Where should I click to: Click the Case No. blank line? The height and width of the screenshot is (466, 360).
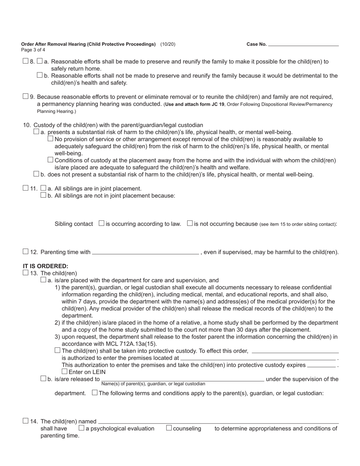click(303, 44)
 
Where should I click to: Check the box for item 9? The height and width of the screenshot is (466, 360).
click(25, 96)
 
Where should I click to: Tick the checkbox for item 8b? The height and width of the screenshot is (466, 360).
click(40, 75)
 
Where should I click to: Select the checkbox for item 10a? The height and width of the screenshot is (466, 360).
click(36, 131)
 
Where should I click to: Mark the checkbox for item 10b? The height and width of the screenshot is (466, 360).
click(36, 174)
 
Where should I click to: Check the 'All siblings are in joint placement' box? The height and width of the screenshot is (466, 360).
click(43, 188)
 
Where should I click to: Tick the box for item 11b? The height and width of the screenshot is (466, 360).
click(43, 195)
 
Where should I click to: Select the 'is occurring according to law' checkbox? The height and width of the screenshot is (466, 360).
click(102, 223)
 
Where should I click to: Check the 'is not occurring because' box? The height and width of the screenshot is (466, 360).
click(190, 223)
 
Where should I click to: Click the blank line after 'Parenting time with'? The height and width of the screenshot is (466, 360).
click(145, 252)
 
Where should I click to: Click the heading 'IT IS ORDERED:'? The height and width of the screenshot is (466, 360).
click(45, 266)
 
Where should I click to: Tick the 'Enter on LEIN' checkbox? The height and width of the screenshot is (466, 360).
click(64, 372)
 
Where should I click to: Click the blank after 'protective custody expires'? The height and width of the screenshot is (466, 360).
click(321, 365)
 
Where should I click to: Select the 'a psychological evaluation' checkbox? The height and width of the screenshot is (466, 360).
click(81, 428)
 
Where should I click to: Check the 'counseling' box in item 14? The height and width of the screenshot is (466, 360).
click(169, 428)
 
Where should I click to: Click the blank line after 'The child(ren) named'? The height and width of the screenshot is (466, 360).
click(218, 422)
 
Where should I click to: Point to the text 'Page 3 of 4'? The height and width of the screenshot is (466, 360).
click(33, 50)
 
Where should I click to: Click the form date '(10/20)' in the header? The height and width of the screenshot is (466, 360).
click(167, 44)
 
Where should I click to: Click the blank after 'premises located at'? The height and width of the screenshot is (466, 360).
click(258, 358)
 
